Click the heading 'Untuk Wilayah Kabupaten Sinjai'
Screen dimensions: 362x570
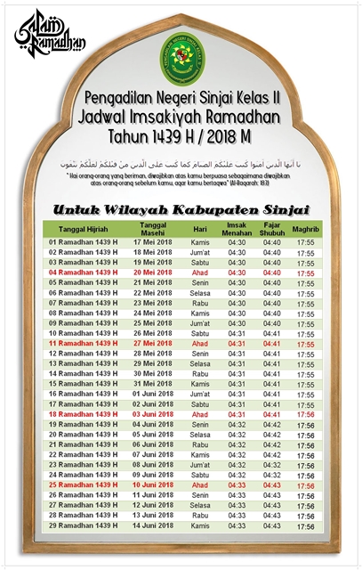(x=181, y=210)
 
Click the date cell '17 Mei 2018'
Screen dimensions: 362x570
(x=153, y=242)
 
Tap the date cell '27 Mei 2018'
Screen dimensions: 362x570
(x=153, y=344)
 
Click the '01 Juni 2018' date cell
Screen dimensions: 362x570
(x=153, y=394)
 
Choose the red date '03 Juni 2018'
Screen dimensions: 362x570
(x=153, y=414)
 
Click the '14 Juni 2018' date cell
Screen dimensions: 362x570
(x=153, y=525)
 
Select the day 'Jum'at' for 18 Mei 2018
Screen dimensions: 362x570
(x=200, y=253)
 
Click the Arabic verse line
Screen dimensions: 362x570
(x=181, y=164)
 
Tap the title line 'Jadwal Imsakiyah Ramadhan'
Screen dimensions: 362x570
(x=181, y=117)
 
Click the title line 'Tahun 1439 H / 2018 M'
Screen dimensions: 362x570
(x=181, y=138)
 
